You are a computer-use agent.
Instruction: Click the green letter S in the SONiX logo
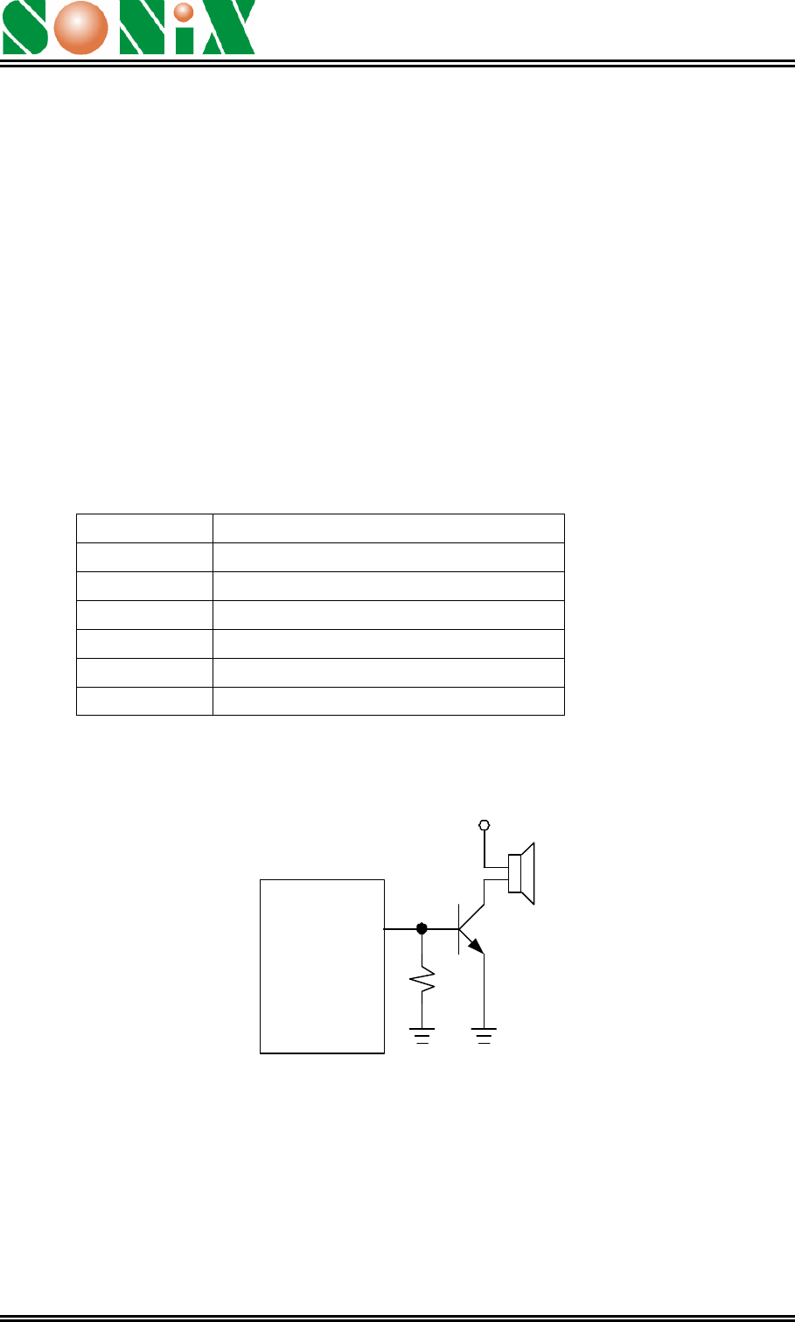click(x=24, y=27)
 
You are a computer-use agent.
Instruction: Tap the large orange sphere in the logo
click(x=80, y=28)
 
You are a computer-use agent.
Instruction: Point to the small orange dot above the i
click(x=184, y=11)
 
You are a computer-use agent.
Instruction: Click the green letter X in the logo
click(x=229, y=27)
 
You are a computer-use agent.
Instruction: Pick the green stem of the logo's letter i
click(x=185, y=40)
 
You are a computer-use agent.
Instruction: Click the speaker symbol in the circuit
click(x=521, y=873)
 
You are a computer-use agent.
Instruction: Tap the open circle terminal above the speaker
click(x=485, y=825)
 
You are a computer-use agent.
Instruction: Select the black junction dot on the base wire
click(x=422, y=929)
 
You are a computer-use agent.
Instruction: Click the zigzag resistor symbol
click(x=422, y=980)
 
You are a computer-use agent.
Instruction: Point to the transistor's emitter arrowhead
click(x=476, y=946)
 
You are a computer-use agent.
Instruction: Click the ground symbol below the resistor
click(x=422, y=1036)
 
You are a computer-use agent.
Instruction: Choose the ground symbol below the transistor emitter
click(x=485, y=1036)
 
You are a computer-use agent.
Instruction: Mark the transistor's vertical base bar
click(x=459, y=929)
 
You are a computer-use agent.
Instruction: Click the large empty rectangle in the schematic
click(x=322, y=967)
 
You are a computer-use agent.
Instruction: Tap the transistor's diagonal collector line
click(x=471, y=917)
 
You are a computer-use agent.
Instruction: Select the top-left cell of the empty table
click(x=144, y=528)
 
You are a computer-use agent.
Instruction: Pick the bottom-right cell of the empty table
click(x=388, y=701)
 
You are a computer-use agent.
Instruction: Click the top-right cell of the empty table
click(x=388, y=528)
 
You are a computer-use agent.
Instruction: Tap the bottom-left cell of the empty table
click(x=144, y=701)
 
